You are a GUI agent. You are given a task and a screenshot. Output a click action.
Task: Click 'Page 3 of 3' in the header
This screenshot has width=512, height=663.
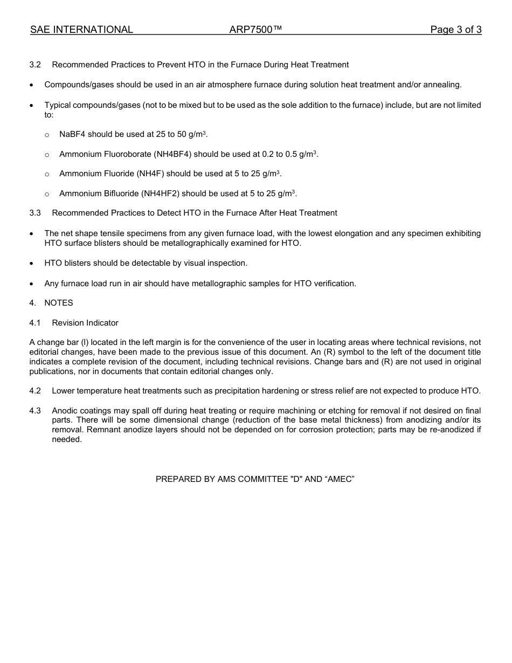coord(455,30)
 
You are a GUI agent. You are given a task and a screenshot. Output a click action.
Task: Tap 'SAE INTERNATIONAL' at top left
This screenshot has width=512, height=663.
coord(81,30)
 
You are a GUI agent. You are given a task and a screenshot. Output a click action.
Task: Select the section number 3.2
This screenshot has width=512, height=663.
coord(35,65)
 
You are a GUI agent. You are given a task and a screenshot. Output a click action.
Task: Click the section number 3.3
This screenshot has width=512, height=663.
coord(35,213)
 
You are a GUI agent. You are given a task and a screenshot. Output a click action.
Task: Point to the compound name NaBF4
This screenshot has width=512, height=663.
coord(72,134)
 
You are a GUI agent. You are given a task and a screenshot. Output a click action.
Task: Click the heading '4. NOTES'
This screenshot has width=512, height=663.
coord(51,303)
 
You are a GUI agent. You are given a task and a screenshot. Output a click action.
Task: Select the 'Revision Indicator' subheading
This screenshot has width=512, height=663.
coord(85,323)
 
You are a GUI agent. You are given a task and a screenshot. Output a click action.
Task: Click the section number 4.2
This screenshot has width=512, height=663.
coord(35,391)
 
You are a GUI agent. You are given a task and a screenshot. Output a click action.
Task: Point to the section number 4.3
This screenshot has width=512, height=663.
coord(35,411)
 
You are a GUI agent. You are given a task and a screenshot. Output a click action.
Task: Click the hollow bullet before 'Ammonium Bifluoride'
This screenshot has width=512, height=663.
coord(47,194)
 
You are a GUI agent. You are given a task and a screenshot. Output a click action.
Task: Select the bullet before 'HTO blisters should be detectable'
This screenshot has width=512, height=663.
coord(32,264)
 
